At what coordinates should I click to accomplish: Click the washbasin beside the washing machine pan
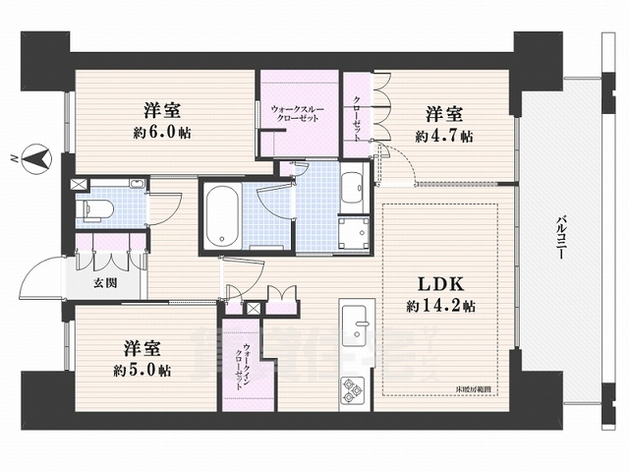coord(352,188)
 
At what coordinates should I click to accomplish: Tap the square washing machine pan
coord(352,233)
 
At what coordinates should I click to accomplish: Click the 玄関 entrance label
coord(105,284)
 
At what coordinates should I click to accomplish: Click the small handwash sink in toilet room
coord(138,184)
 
